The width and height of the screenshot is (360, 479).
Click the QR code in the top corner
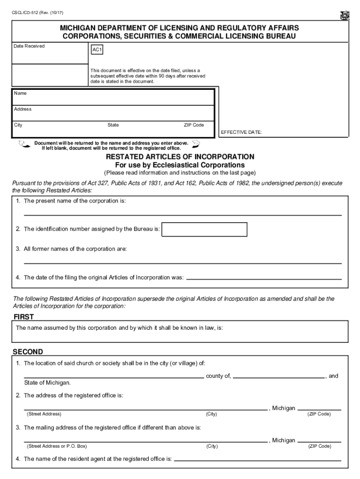(x=345, y=15)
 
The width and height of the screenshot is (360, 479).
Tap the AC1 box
(x=97, y=49)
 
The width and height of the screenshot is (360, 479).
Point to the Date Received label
(x=29, y=46)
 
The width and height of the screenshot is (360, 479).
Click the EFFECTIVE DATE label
(x=241, y=132)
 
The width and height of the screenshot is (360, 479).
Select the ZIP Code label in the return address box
(x=194, y=125)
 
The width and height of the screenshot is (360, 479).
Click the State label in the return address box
(x=113, y=125)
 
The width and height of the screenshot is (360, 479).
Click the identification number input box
(x=204, y=229)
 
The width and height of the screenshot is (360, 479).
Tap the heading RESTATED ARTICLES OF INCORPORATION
(x=180, y=157)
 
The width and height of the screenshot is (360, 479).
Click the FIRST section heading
(x=23, y=317)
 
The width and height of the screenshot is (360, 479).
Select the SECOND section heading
(x=28, y=352)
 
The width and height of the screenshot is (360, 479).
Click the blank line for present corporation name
(x=182, y=213)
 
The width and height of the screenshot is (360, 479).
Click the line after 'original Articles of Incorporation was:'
(x=264, y=278)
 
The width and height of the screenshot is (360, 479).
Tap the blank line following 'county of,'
(x=279, y=376)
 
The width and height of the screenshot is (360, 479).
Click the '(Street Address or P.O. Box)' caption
(x=57, y=446)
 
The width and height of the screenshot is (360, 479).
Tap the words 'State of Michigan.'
(x=47, y=383)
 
